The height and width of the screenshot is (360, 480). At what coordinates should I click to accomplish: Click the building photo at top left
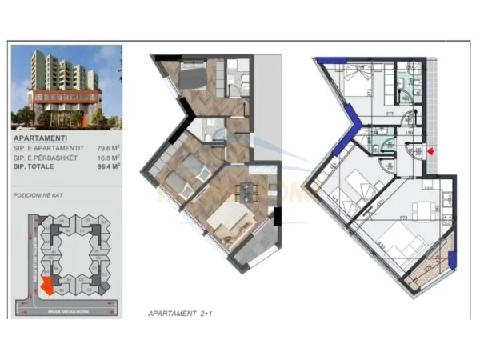click(66, 87)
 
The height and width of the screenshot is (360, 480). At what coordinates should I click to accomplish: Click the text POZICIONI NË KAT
click(37, 194)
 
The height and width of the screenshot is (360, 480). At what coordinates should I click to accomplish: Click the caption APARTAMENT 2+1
click(183, 313)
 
